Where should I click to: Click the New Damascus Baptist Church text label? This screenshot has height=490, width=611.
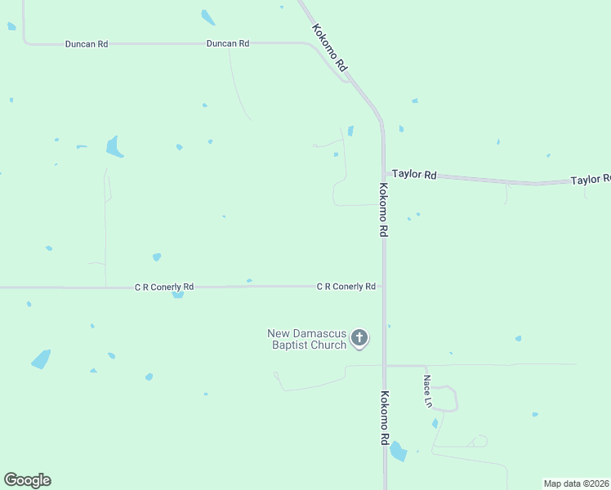pos(307,339)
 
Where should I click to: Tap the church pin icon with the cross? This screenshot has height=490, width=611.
pos(359,338)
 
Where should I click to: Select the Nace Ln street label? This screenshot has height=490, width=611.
pos(426,390)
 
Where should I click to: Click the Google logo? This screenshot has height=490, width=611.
pos(27,480)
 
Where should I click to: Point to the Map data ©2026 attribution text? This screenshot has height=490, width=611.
pos(577,483)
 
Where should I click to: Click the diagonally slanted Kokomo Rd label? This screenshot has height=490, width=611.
pos(330,47)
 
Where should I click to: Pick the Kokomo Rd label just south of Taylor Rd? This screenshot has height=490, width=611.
pos(382,210)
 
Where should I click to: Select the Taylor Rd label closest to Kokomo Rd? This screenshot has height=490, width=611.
pos(414,174)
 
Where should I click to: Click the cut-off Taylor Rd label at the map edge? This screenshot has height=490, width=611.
pos(590,180)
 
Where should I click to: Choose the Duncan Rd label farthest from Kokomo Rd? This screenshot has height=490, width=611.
pos(87,43)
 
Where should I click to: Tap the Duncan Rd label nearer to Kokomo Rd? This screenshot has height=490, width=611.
pos(228,43)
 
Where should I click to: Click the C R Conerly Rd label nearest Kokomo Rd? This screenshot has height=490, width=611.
pos(346,287)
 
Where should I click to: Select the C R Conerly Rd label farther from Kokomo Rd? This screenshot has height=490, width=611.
pos(164,287)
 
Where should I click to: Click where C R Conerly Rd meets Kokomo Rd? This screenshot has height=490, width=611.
pos(383,287)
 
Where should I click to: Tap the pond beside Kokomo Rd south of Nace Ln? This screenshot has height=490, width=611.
pos(398,451)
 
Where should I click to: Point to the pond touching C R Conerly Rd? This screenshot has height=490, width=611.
pos(177,295)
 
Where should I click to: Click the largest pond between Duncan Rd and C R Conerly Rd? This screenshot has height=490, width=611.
pos(114,147)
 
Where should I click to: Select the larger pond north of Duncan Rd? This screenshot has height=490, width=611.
pos(208,17)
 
